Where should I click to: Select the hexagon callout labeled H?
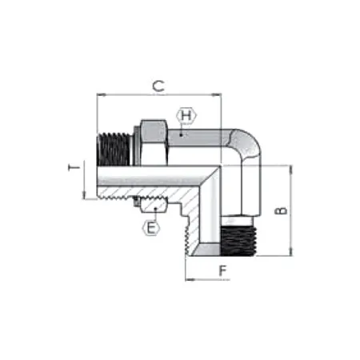[186, 116]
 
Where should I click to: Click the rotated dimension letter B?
[280, 210]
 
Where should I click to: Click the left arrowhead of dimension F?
[186, 280]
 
